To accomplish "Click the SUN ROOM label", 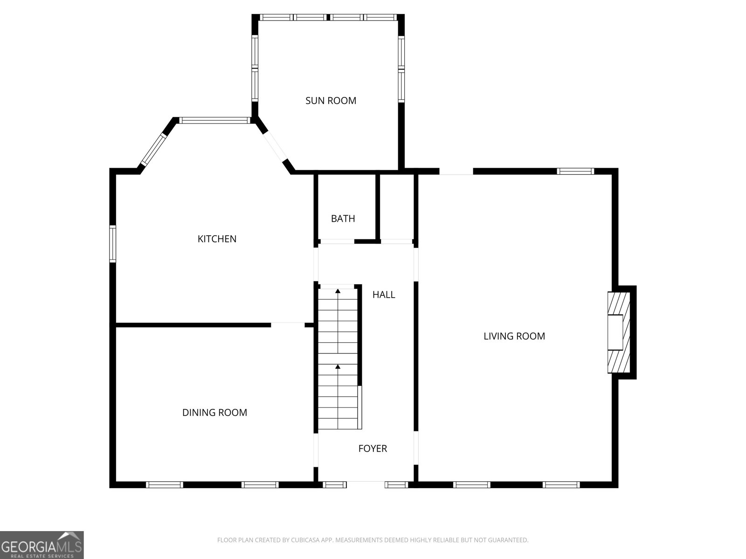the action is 331,101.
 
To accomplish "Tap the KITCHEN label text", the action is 217,239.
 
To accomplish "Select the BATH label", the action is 343,218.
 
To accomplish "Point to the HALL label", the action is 384,294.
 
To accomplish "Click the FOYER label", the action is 373,448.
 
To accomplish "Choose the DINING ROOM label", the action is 214,412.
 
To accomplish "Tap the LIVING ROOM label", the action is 514,336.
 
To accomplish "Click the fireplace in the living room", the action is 619,332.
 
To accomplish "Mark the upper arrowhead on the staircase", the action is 338,291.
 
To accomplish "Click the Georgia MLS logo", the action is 42,545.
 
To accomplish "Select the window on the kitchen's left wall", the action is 112,244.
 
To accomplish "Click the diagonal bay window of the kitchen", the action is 154,150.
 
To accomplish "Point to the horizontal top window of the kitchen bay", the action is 215,120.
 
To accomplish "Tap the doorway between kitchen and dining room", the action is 288,325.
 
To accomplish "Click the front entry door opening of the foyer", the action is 366,484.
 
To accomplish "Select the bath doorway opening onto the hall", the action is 337,241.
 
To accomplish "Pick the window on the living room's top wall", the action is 575,171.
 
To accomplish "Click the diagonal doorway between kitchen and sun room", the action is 275,146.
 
